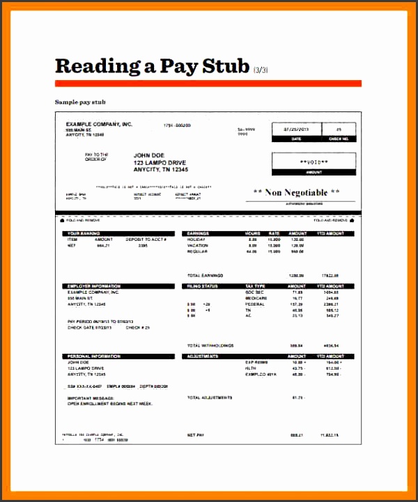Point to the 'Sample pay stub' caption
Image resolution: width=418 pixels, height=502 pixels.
[x=80, y=102]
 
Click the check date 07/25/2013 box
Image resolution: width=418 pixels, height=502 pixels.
[x=299, y=130]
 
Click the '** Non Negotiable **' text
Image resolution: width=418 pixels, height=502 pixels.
[x=296, y=192]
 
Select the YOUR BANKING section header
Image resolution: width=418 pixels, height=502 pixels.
[x=84, y=233]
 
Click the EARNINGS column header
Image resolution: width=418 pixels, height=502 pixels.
[x=199, y=233]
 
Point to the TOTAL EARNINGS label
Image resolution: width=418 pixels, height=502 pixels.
[x=204, y=275]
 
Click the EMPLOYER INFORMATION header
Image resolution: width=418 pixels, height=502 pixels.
[x=94, y=286]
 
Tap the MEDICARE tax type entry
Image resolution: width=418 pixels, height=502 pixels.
[x=257, y=298]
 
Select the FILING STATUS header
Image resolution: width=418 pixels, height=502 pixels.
[x=203, y=286]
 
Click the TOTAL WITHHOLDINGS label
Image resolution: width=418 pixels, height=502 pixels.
[x=210, y=345]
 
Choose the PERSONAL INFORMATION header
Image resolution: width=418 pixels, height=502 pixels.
[x=94, y=356]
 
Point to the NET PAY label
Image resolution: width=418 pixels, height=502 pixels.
[x=195, y=435]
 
